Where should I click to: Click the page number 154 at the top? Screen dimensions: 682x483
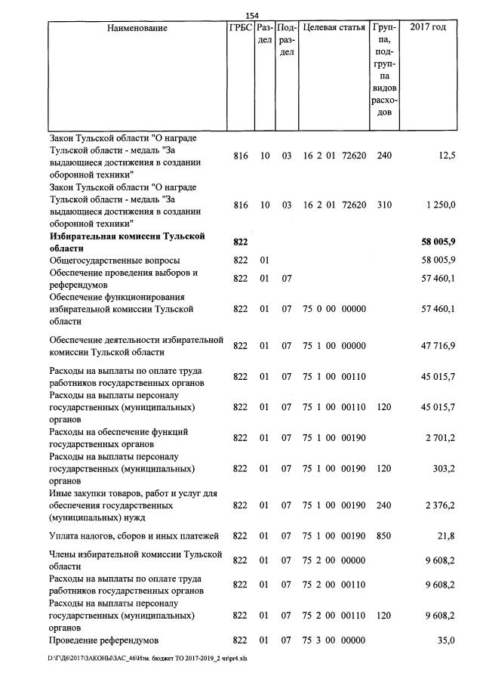[253, 17]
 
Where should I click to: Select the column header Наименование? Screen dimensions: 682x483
[137, 29]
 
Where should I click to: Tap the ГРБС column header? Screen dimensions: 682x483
[240, 29]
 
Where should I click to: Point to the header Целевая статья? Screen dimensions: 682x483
[334, 29]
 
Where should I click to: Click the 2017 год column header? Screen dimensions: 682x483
[427, 29]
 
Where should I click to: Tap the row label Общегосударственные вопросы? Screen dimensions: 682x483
[104, 260]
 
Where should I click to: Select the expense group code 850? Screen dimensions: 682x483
[383, 536]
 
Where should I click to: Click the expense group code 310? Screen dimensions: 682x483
[383, 205]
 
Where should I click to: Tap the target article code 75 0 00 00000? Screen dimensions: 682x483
[334, 309]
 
